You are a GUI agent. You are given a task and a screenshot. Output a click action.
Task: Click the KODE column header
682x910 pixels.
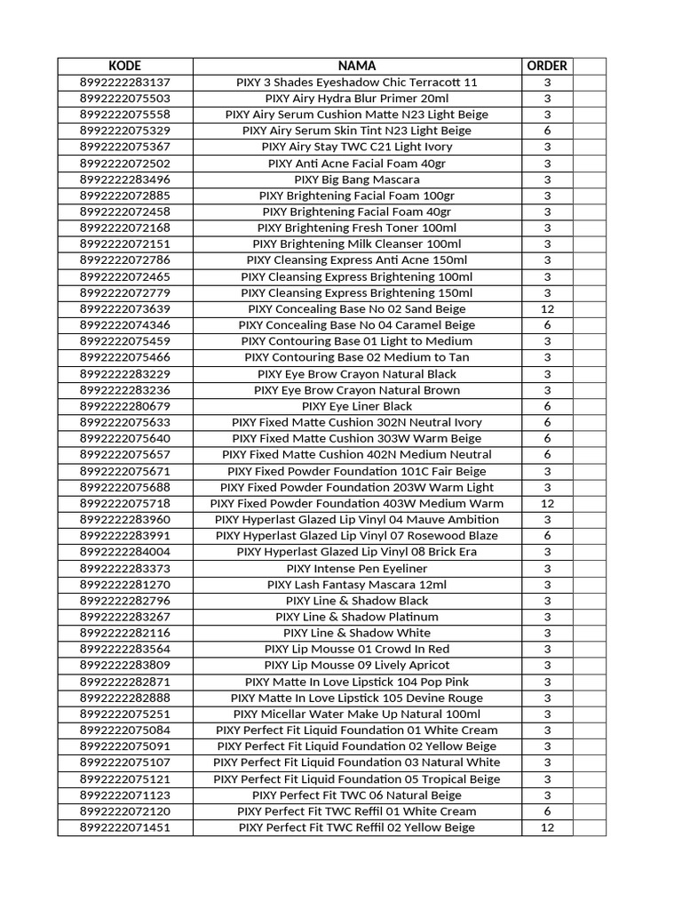pos(125,66)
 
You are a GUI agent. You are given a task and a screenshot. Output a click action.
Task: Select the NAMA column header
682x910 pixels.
pos(357,66)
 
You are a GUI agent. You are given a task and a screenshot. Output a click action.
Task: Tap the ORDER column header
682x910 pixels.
pos(547,66)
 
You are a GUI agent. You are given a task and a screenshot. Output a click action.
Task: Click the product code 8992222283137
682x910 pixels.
pos(125,83)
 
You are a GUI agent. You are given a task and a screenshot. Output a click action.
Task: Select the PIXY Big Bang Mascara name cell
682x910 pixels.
pos(357,180)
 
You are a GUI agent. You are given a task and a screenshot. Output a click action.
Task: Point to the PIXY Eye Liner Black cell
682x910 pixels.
pos(357,406)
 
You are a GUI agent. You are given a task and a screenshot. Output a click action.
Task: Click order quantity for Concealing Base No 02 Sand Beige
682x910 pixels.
pos(547,309)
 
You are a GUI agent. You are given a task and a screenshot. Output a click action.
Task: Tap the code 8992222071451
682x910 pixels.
pos(125,827)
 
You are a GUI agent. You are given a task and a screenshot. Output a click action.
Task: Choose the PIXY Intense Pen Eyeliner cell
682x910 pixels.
pos(357,568)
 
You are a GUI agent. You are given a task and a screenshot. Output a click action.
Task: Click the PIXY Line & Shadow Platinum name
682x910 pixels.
pos(357,617)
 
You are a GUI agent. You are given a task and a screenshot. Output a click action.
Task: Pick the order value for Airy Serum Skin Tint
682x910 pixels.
pos(547,131)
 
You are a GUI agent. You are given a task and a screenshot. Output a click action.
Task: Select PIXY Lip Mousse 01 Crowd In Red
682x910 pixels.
pos(357,649)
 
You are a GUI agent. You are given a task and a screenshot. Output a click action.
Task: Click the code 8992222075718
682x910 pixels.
pos(125,503)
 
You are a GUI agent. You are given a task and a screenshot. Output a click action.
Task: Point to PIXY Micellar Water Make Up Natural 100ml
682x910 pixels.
pos(357,714)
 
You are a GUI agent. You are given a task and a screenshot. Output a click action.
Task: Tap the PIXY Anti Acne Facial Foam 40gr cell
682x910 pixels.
pos(357,164)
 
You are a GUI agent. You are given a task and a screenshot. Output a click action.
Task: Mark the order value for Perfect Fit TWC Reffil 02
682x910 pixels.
pos(547,827)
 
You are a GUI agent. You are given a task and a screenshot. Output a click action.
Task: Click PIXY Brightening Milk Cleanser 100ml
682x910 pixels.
pos(357,244)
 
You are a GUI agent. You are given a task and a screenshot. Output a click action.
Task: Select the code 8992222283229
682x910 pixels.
pos(125,374)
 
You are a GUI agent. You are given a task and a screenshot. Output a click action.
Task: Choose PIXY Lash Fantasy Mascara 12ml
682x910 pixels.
pos(357,585)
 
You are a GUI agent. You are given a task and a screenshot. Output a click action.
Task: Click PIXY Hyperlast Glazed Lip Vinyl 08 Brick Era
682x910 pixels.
pos(357,552)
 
